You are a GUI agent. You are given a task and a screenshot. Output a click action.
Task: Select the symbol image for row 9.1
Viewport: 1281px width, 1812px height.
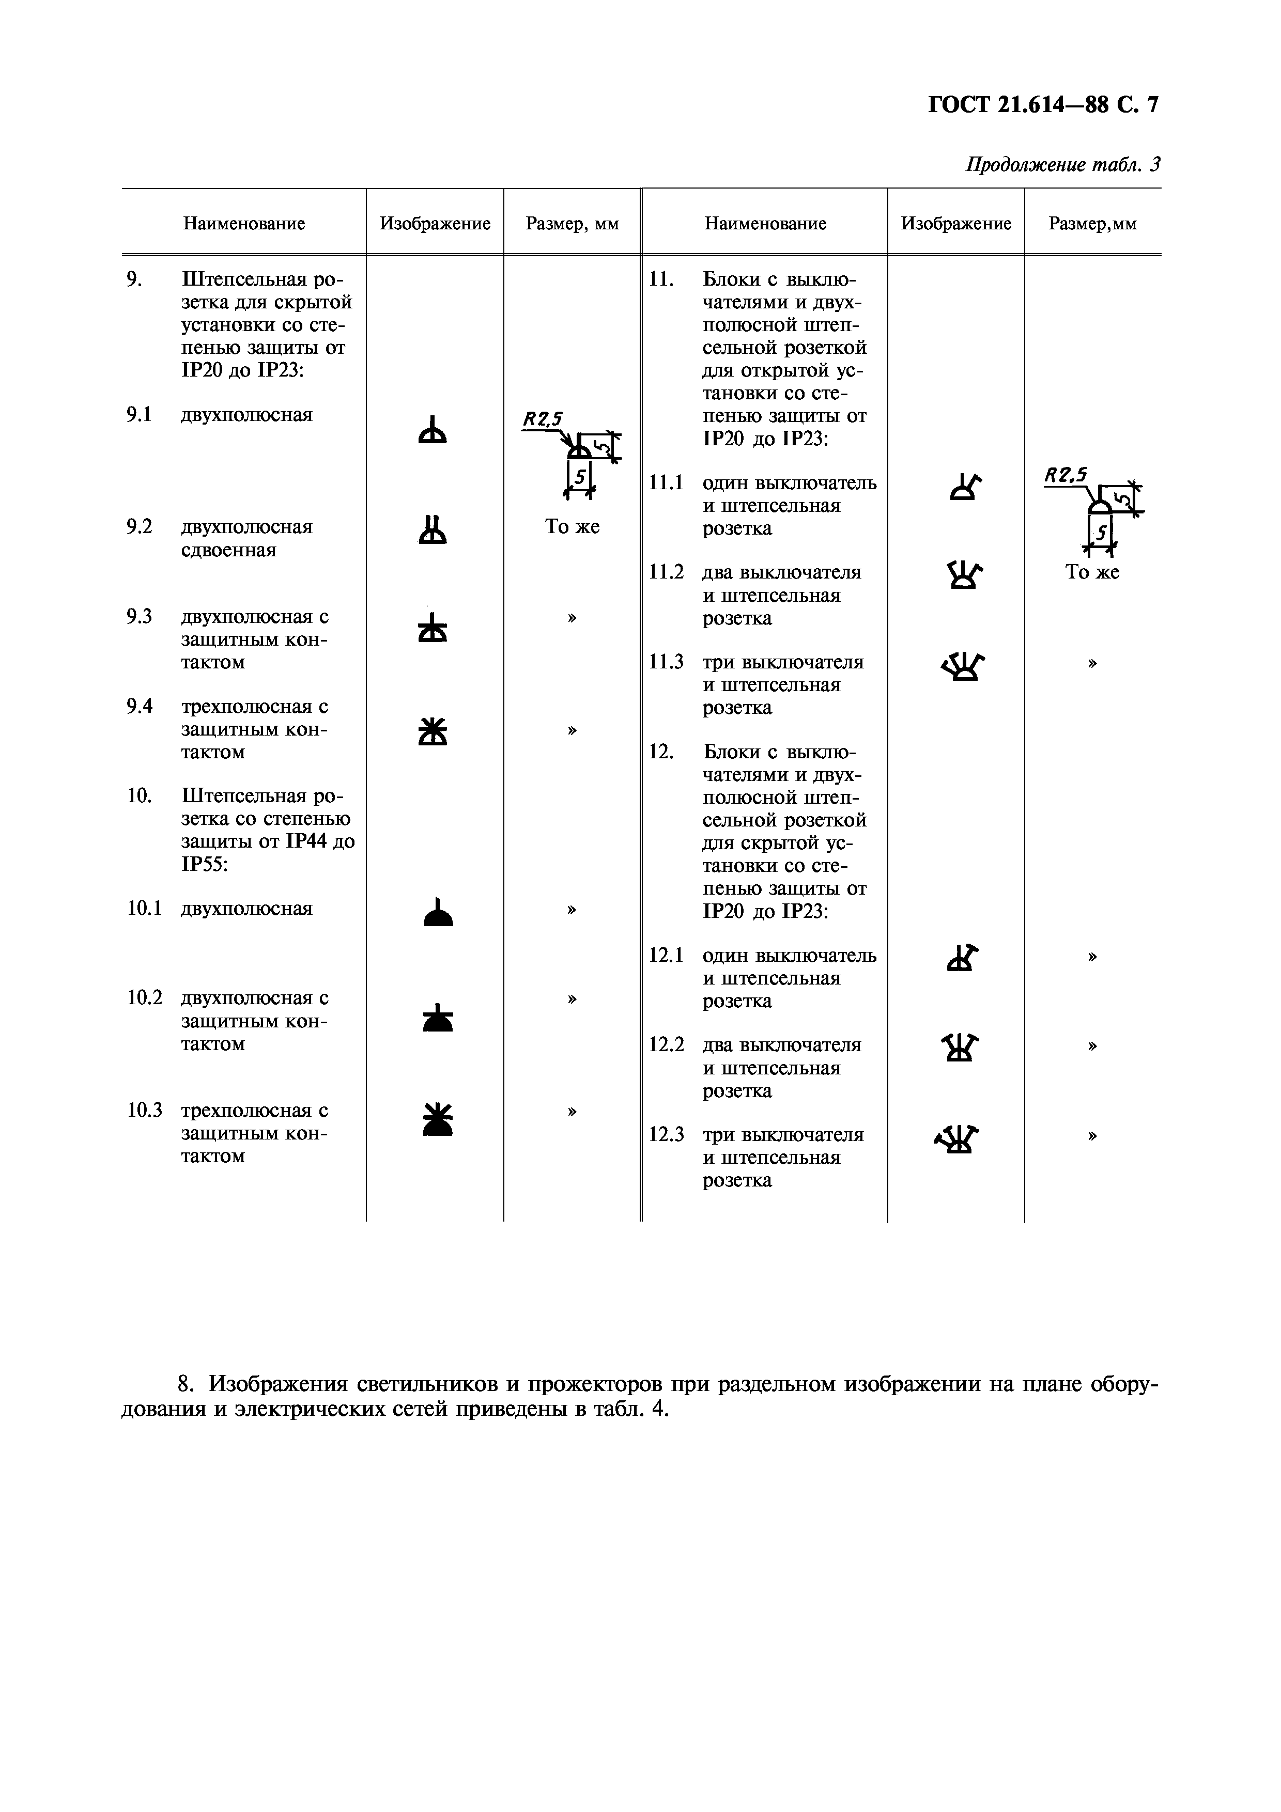433,430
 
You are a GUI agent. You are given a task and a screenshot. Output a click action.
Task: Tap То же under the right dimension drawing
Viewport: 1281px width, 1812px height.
1092,573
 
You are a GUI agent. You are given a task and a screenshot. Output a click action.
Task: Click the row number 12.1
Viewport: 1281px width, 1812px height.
666,956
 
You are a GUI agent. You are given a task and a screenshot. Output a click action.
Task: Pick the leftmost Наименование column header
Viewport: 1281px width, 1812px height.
244,223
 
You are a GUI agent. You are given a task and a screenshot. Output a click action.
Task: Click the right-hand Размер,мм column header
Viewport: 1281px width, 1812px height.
1092,223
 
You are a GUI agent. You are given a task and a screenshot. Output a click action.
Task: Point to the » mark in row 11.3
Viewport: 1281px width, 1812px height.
1092,663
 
